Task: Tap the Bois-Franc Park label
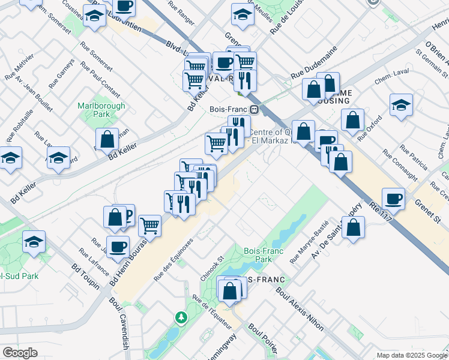[x=259, y=256]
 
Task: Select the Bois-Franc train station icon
[x=255, y=110]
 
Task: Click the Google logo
[x=20, y=353]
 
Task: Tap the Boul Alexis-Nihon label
[x=300, y=309]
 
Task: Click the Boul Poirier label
[x=264, y=339]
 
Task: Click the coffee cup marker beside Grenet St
[x=393, y=199]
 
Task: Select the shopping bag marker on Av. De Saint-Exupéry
[x=354, y=227]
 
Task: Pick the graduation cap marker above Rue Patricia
[x=400, y=104]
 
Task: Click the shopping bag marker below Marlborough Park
[x=107, y=139]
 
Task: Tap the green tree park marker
[x=179, y=316]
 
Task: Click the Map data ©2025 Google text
[x=411, y=355]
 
